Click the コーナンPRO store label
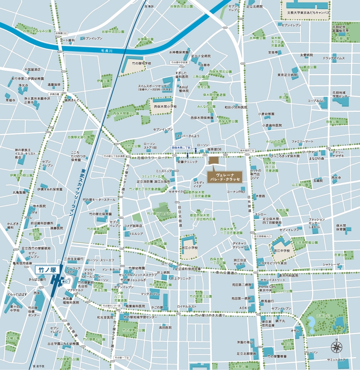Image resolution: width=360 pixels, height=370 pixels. click(x=236, y=192)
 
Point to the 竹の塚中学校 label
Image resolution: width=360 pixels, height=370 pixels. click(x=141, y=63)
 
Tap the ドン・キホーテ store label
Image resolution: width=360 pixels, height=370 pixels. click(x=111, y=270)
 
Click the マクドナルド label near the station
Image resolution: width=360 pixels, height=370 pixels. click(x=75, y=290)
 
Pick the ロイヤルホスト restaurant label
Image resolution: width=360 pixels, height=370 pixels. click(x=187, y=306)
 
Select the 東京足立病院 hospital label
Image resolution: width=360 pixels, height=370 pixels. click(x=286, y=75)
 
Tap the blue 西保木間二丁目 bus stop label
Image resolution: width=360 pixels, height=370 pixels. click(x=181, y=147)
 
